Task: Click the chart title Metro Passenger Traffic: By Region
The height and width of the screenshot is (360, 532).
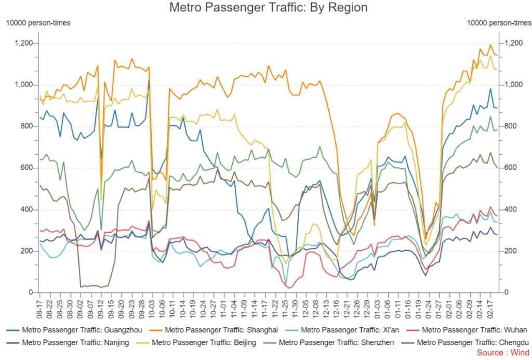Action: [x=269, y=8]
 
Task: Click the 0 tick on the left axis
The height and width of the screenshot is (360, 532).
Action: [x=32, y=292]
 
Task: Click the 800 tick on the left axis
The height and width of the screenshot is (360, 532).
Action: [x=28, y=126]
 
